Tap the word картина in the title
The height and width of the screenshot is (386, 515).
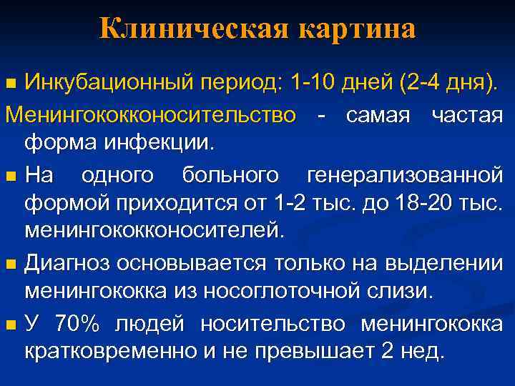[358, 29]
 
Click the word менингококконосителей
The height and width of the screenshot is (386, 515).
[154, 231]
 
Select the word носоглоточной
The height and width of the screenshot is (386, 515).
[337, 292]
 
